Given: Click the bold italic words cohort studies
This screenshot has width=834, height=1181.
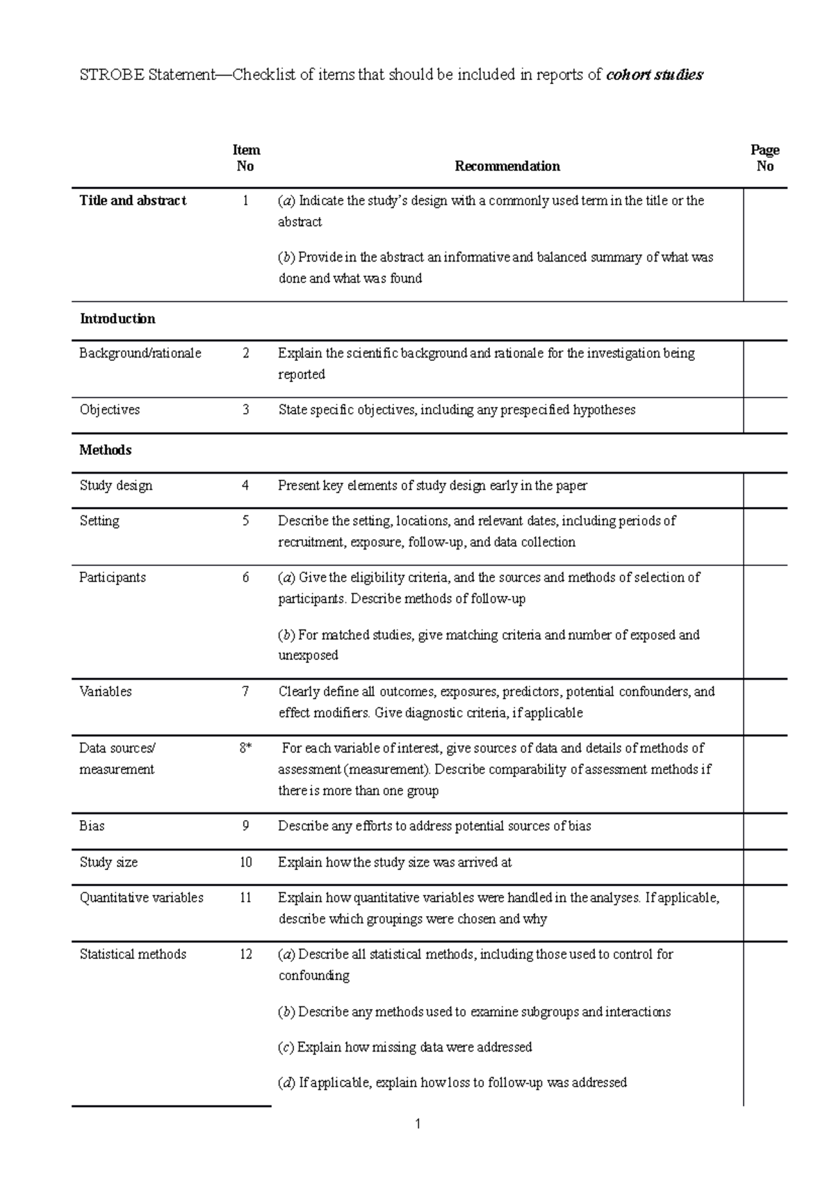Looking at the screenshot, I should (655, 75).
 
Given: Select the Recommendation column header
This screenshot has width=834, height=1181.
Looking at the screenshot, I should (507, 166).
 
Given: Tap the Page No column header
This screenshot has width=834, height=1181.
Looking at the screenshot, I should (764, 158).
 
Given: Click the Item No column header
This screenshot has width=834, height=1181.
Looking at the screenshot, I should (245, 158).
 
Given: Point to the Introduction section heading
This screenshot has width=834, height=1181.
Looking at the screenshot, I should (117, 319).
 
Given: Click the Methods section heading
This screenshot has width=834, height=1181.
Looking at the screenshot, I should (106, 451).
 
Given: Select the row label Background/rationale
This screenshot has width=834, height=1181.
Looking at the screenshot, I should (140, 353).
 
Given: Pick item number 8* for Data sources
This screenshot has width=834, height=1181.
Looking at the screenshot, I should (245, 748).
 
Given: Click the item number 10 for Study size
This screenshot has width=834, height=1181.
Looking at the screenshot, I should (245, 862).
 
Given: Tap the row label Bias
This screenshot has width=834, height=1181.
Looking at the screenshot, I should (92, 826).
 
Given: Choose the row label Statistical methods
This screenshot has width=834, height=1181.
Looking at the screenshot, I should (133, 954).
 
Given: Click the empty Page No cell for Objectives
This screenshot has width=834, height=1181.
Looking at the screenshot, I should (764, 415).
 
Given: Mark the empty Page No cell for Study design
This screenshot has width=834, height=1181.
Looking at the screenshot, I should (764, 490).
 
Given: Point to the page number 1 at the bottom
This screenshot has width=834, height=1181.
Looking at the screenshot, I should (418, 1124).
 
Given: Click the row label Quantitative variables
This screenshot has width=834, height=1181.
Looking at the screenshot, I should (141, 898).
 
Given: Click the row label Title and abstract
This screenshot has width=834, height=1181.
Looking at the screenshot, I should (133, 201).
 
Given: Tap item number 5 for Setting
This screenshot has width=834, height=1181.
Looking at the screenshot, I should (245, 521).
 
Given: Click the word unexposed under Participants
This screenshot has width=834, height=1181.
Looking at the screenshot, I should (308, 655).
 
